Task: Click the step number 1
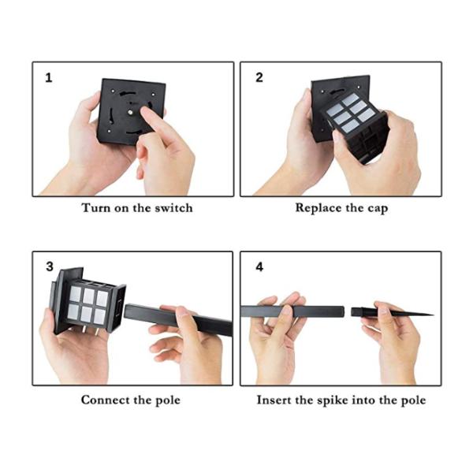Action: (48, 78)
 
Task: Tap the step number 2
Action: (259, 77)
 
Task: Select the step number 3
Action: (50, 266)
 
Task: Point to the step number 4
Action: (259, 267)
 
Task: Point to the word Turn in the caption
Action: (95, 208)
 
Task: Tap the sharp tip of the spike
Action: (433, 315)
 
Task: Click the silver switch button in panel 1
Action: (130, 112)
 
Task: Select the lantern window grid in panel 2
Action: (350, 113)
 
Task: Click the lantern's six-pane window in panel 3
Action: (88, 305)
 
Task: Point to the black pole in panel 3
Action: (178, 319)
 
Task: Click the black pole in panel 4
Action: (292, 311)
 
